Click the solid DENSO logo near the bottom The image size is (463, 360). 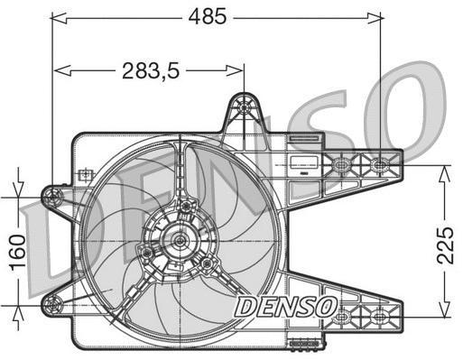tap(285, 306)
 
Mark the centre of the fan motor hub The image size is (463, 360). tap(179, 241)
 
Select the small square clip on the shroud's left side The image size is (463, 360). tap(84, 173)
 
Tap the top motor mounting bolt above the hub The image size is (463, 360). tap(186, 207)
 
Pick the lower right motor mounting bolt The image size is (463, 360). tap(208, 263)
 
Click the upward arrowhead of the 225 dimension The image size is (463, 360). tap(445, 171)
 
